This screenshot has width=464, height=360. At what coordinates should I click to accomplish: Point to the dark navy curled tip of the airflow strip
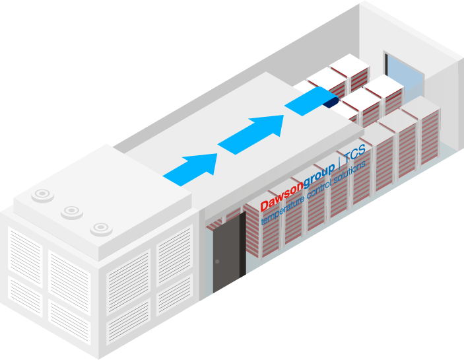pos(331,100)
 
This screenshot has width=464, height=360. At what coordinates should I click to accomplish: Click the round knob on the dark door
pos(217,262)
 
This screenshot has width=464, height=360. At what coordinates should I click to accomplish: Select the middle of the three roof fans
pos(71,211)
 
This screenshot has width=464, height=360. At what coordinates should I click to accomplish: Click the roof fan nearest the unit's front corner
pos(100,228)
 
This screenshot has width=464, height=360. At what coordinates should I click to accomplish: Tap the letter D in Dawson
pos(265,205)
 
